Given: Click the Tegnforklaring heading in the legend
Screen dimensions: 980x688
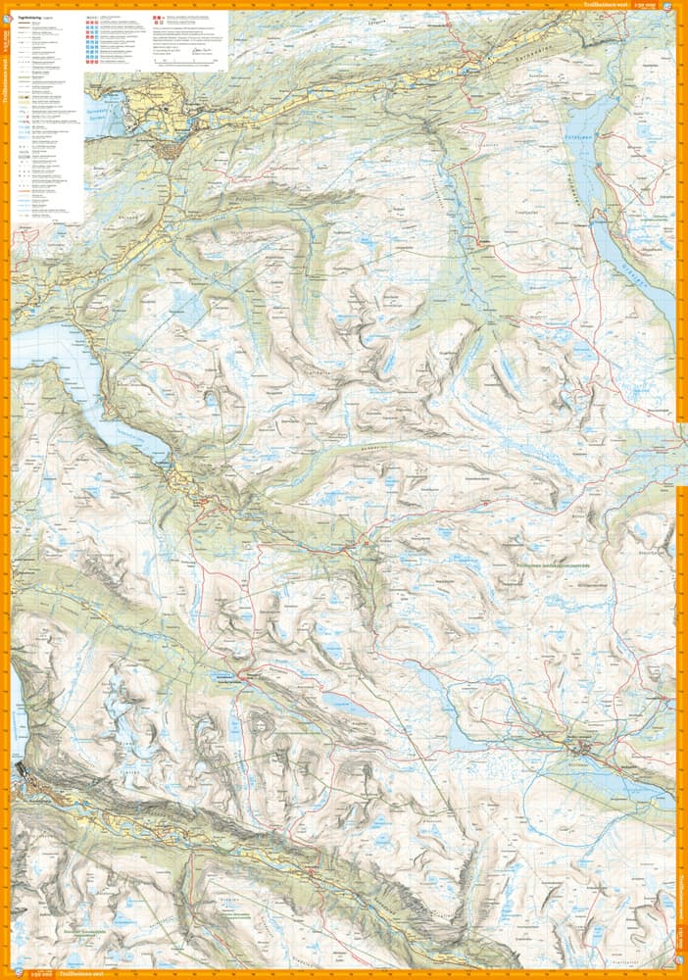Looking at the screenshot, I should [x=33, y=17].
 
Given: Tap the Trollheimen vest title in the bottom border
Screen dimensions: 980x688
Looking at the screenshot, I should [x=82, y=974].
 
